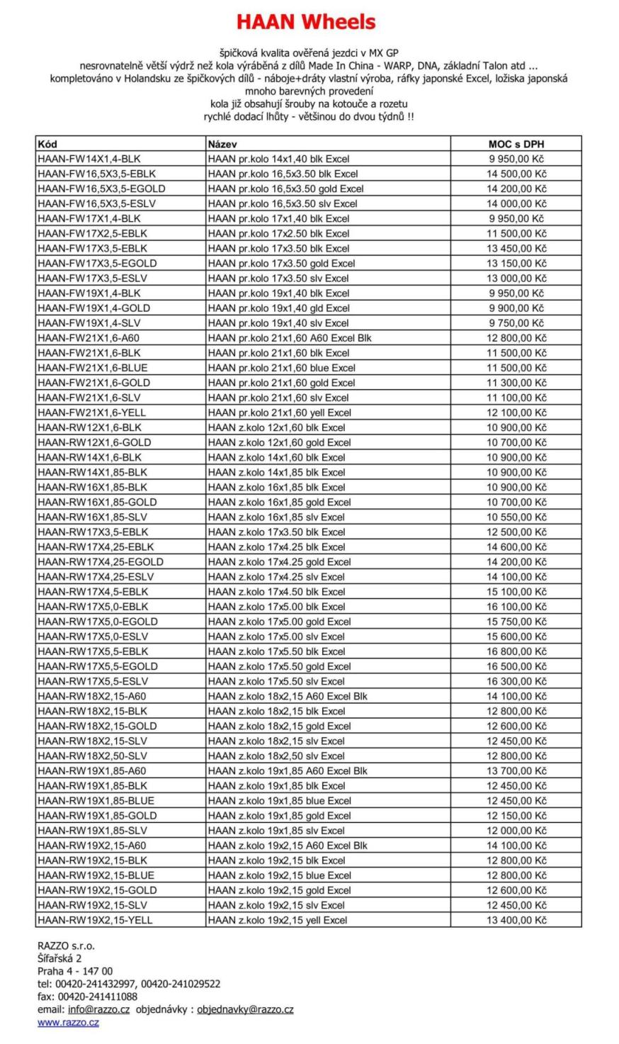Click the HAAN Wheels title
[x=305, y=23]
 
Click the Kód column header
[x=47, y=144]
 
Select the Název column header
[x=222, y=144]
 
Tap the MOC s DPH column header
[x=516, y=144]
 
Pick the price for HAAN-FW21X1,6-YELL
[x=516, y=412]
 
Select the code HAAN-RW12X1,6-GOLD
[x=94, y=442]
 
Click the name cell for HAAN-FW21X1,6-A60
[x=290, y=338]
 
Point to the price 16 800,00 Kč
[x=516, y=651]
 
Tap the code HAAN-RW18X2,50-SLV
[x=93, y=756]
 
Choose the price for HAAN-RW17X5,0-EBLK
[x=516, y=607]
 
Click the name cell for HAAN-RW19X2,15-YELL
[x=278, y=920]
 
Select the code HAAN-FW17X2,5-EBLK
[x=93, y=233]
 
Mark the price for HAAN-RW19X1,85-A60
[x=516, y=770]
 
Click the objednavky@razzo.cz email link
[x=245, y=1009]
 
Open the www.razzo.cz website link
[x=68, y=1023]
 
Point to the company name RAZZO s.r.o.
[x=66, y=945]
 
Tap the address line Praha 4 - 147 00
[x=75, y=971]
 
